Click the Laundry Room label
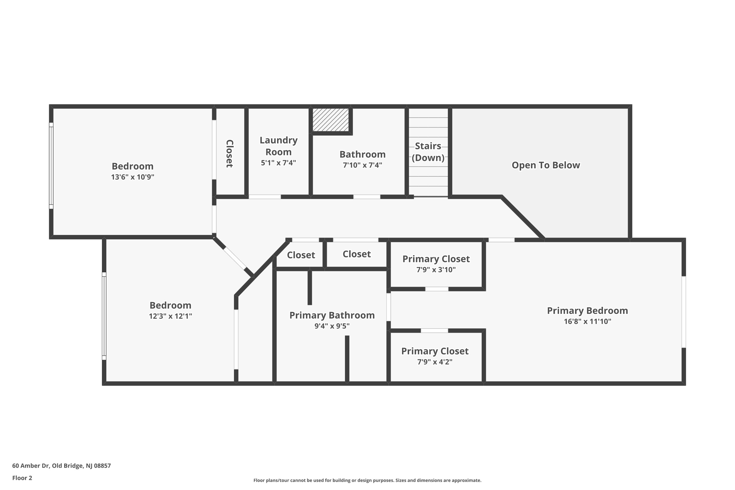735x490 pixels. (278, 146)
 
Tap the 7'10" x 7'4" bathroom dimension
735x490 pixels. (362, 165)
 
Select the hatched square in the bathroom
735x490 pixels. (331, 120)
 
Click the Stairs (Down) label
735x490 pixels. (428, 152)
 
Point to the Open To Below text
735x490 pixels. (546, 165)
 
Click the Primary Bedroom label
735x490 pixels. (587, 311)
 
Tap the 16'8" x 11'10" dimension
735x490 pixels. (587, 321)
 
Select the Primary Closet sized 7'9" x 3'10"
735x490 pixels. (436, 264)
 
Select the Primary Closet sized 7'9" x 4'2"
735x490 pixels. (435, 356)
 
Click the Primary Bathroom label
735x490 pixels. (332, 315)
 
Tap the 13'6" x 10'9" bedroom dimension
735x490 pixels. (132, 177)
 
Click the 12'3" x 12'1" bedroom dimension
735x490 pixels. (170, 316)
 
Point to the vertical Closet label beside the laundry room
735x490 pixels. (229, 154)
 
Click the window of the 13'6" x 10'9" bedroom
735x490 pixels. (51, 165)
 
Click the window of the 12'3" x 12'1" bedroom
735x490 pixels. (104, 316)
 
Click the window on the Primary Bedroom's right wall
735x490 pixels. (683, 312)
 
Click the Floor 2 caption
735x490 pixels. (22, 478)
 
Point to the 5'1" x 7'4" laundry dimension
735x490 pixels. (278, 163)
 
